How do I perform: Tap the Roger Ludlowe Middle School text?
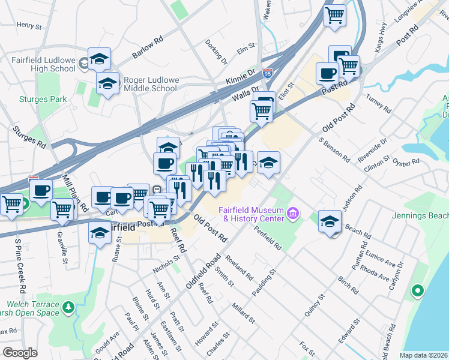point(149,84)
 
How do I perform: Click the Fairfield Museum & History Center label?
point(252,214)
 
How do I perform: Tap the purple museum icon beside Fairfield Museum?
point(293,212)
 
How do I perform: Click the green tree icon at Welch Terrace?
point(68,308)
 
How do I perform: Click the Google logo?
point(20,353)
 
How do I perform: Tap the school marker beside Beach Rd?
point(330,221)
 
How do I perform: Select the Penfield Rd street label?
point(267,238)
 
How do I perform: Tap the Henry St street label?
point(29,26)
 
